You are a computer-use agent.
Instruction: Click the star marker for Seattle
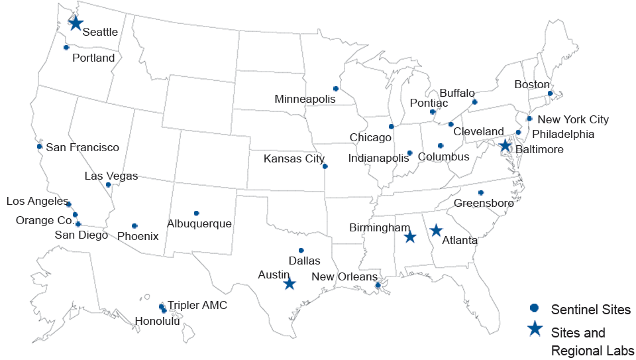click(76, 23)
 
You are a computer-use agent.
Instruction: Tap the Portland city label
click(93, 58)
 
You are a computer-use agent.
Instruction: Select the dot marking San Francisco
click(40, 147)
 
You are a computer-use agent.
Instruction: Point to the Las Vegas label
click(111, 176)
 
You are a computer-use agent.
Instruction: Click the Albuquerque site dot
click(197, 213)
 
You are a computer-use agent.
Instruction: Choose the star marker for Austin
click(289, 284)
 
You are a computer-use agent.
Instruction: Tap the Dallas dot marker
click(301, 251)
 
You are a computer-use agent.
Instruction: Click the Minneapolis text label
click(305, 99)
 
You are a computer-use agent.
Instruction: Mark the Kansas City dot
click(325, 166)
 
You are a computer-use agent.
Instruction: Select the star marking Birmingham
click(410, 237)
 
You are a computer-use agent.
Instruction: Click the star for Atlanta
click(436, 230)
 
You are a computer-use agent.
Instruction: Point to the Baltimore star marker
click(505, 146)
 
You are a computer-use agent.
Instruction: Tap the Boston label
click(532, 84)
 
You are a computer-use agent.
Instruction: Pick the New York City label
click(572, 120)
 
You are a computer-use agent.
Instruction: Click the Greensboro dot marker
click(481, 193)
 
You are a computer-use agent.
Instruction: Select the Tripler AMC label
click(197, 305)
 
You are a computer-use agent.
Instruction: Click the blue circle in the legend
click(534, 308)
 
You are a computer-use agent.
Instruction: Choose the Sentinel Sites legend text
click(590, 309)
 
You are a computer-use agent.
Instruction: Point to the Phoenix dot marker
click(134, 226)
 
